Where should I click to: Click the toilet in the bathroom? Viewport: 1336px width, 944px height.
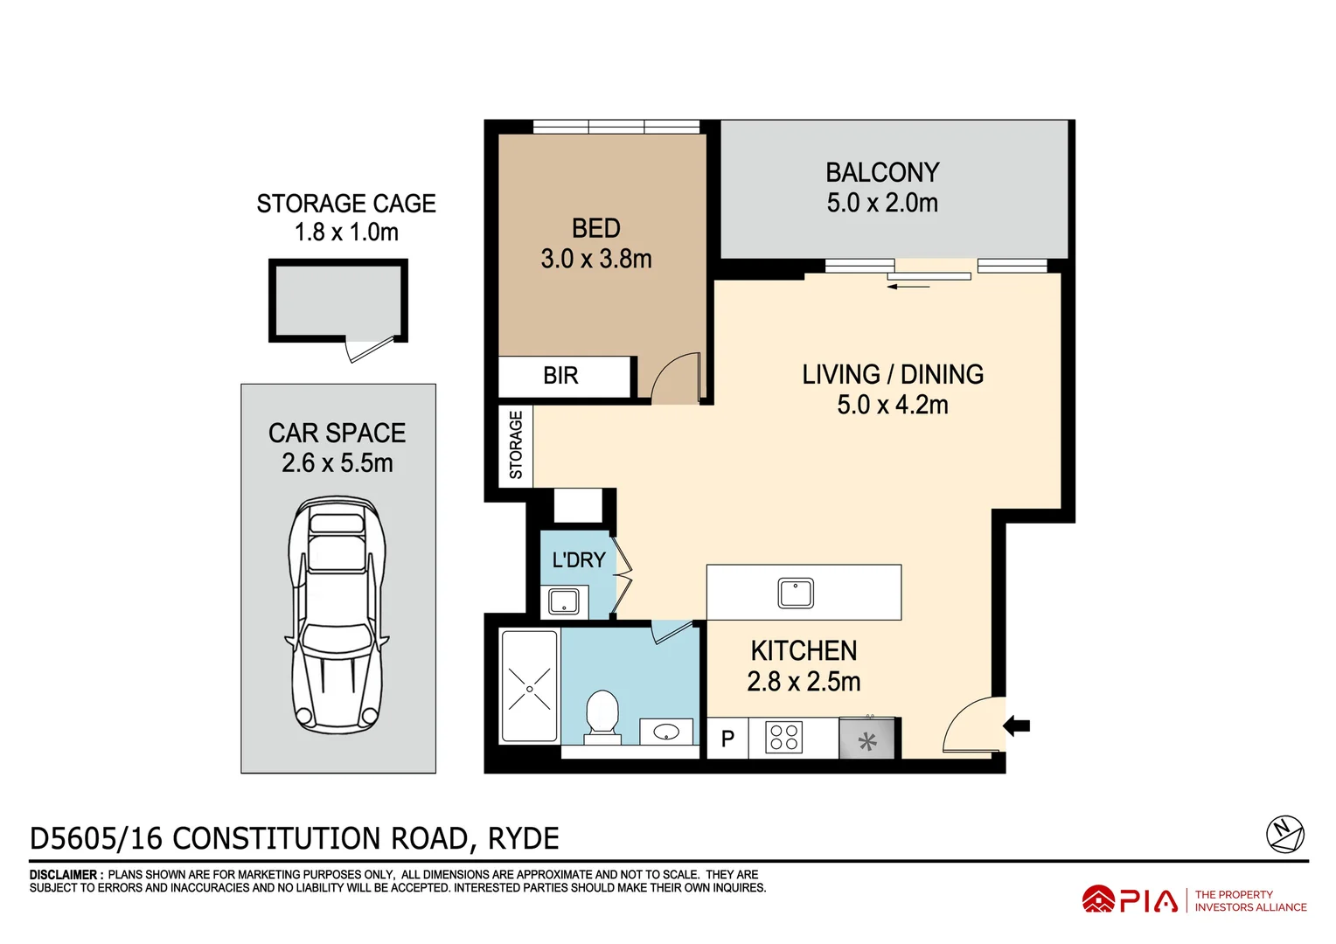pyautogui.click(x=602, y=715)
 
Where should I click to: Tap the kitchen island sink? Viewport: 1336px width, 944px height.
pyautogui.click(x=796, y=593)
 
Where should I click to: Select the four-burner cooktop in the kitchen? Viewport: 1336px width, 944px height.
pyautogui.click(x=783, y=738)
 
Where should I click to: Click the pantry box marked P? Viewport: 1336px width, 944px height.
pyautogui.click(x=727, y=739)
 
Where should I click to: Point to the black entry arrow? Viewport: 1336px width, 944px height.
pyautogui.click(x=1016, y=725)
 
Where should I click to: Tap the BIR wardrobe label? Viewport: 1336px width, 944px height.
pyautogui.click(x=560, y=376)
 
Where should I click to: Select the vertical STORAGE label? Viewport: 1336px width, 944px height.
pyautogui.click(x=516, y=445)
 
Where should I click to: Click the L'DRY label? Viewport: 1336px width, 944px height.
pyautogui.click(x=578, y=559)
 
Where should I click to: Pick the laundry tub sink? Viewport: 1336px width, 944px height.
pyautogui.click(x=563, y=601)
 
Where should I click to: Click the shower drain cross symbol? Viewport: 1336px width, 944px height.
pyautogui.click(x=530, y=689)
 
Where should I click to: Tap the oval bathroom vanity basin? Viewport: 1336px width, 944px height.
pyautogui.click(x=666, y=732)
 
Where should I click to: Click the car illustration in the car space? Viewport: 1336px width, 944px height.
pyautogui.click(x=337, y=614)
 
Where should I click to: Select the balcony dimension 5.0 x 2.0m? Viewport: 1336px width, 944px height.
pyautogui.click(x=882, y=203)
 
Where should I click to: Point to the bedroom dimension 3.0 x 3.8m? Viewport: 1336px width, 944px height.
pyautogui.click(x=596, y=259)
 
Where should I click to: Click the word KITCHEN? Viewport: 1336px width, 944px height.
pyautogui.click(x=804, y=651)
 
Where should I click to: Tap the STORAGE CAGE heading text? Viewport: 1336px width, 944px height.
pyautogui.click(x=346, y=204)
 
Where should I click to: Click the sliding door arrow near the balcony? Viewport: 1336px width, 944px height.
pyautogui.click(x=908, y=285)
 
